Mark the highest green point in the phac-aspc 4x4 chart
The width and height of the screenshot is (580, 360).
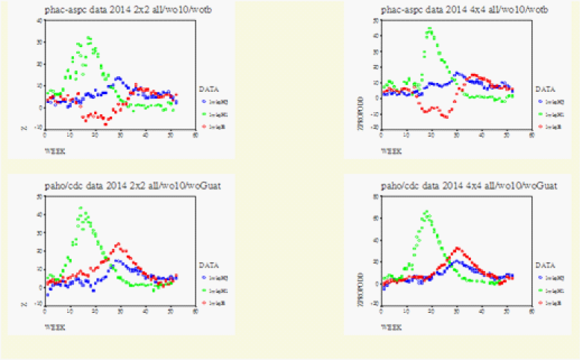pyautogui.click(x=429, y=28)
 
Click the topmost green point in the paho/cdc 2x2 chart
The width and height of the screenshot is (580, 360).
pyautogui.click(x=81, y=208)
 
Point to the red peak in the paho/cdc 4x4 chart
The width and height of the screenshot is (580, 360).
pyautogui.click(x=458, y=247)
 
